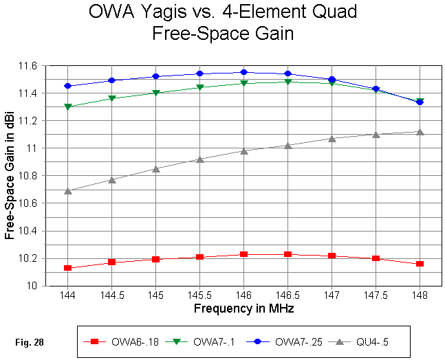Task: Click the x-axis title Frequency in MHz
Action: click(x=243, y=308)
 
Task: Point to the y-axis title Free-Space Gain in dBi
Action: click(x=10, y=176)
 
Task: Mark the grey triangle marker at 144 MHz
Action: click(x=67, y=190)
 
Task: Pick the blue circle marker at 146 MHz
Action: click(x=243, y=72)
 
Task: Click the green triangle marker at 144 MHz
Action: click(x=67, y=107)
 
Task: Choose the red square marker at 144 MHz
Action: click(x=67, y=268)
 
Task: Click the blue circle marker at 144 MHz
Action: click(x=67, y=86)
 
